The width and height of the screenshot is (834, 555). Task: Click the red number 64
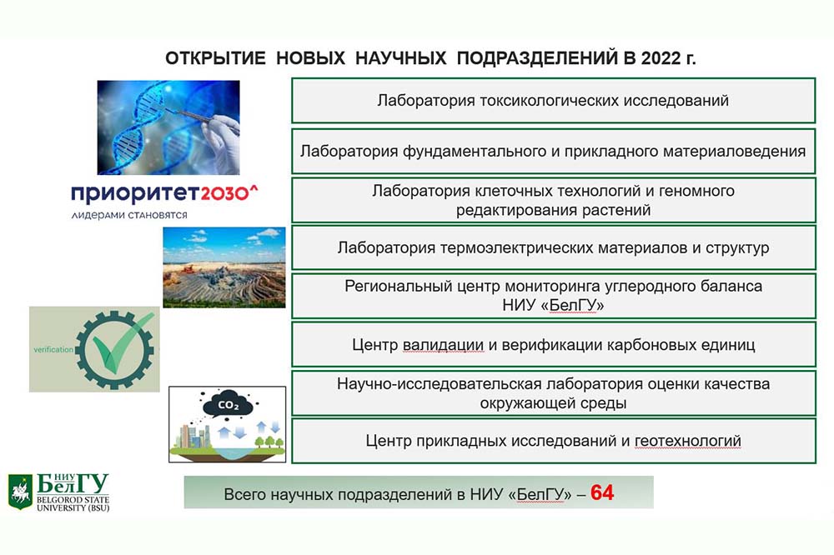(601, 492)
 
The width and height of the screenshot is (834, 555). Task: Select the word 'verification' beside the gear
(53, 349)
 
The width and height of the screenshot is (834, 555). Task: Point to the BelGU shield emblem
(20, 492)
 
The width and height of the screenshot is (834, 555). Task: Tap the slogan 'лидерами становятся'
(129, 215)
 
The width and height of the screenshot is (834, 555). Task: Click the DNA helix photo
(168, 127)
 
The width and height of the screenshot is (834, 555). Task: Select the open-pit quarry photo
(224, 267)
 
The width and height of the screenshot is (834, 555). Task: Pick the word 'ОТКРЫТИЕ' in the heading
(215, 58)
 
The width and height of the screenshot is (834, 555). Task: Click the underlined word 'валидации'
(444, 345)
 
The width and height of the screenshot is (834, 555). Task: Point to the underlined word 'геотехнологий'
(688, 441)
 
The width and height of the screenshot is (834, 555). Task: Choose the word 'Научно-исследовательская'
(440, 384)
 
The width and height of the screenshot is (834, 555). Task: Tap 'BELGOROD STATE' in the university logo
(73, 500)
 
